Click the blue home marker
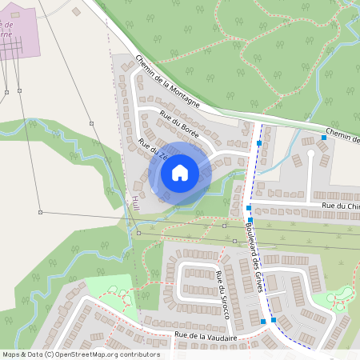[x=180, y=172]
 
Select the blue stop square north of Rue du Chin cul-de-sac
[x=324, y=138]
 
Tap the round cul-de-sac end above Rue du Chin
[x=311, y=152]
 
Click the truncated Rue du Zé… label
[x=151, y=148]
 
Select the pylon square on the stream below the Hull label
[x=138, y=233]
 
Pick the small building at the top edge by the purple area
[x=76, y=12]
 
